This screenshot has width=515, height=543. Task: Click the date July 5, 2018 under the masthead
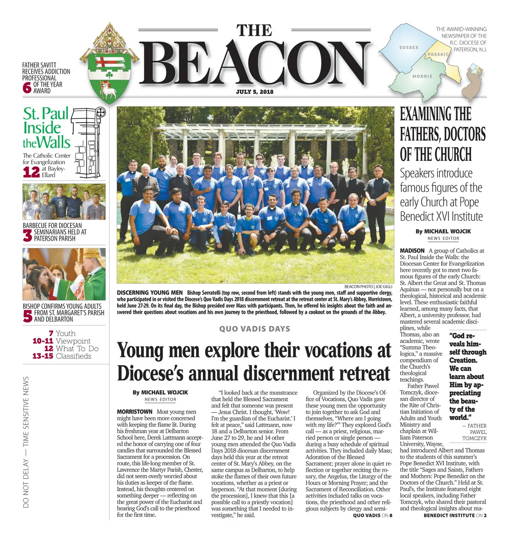point(254,92)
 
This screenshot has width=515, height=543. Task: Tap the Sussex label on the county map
point(409,48)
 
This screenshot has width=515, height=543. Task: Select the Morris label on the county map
point(422,76)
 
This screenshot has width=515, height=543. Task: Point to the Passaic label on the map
point(438,54)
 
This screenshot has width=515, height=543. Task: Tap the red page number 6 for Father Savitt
point(27,87)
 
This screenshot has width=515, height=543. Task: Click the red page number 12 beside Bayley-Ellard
point(31,172)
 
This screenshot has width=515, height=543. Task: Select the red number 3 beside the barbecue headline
point(27,235)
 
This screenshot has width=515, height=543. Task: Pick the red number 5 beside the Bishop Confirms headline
point(27,316)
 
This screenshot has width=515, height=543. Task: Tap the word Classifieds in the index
point(73,356)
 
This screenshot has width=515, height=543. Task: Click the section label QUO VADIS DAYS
point(254,329)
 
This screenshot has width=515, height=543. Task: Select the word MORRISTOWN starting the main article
point(134,412)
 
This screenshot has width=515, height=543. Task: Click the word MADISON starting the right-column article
point(412,250)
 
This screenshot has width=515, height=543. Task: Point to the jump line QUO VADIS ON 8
point(373,515)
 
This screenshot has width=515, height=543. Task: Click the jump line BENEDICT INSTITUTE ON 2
point(455,515)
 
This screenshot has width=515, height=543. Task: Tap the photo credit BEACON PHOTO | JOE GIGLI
point(368,287)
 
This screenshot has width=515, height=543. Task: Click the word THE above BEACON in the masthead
point(254,30)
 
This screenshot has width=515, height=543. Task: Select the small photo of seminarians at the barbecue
point(64,202)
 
